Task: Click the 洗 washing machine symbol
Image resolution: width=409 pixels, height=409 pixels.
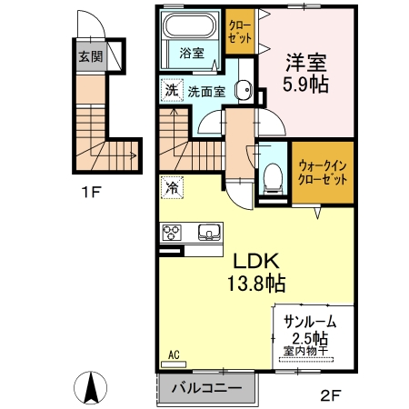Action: (x=170, y=90)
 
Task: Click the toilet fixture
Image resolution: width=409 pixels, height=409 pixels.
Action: (x=272, y=177)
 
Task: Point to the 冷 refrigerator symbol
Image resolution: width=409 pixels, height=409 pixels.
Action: (x=171, y=187)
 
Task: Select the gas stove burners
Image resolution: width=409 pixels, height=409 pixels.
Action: (x=172, y=233)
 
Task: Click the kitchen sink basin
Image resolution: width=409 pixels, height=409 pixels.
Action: (x=210, y=233)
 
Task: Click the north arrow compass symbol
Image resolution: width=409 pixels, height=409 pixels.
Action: (x=91, y=388)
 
